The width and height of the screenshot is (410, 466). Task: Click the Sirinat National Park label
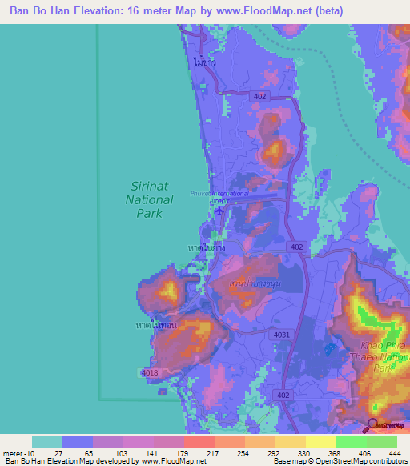pyautogui.click(x=151, y=199)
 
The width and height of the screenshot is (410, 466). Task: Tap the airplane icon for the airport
pyautogui.click(x=221, y=211)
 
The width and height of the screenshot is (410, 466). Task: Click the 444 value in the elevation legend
pyautogui.click(x=383, y=453)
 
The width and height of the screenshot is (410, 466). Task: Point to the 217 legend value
pyautogui.click(x=200, y=453)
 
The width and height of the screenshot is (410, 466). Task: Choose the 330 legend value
pyautogui.click(x=291, y=453)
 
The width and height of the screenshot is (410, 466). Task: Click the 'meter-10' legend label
pyautogui.click(x=18, y=453)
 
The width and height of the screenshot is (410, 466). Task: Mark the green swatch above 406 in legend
pyautogui.click(x=352, y=441)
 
